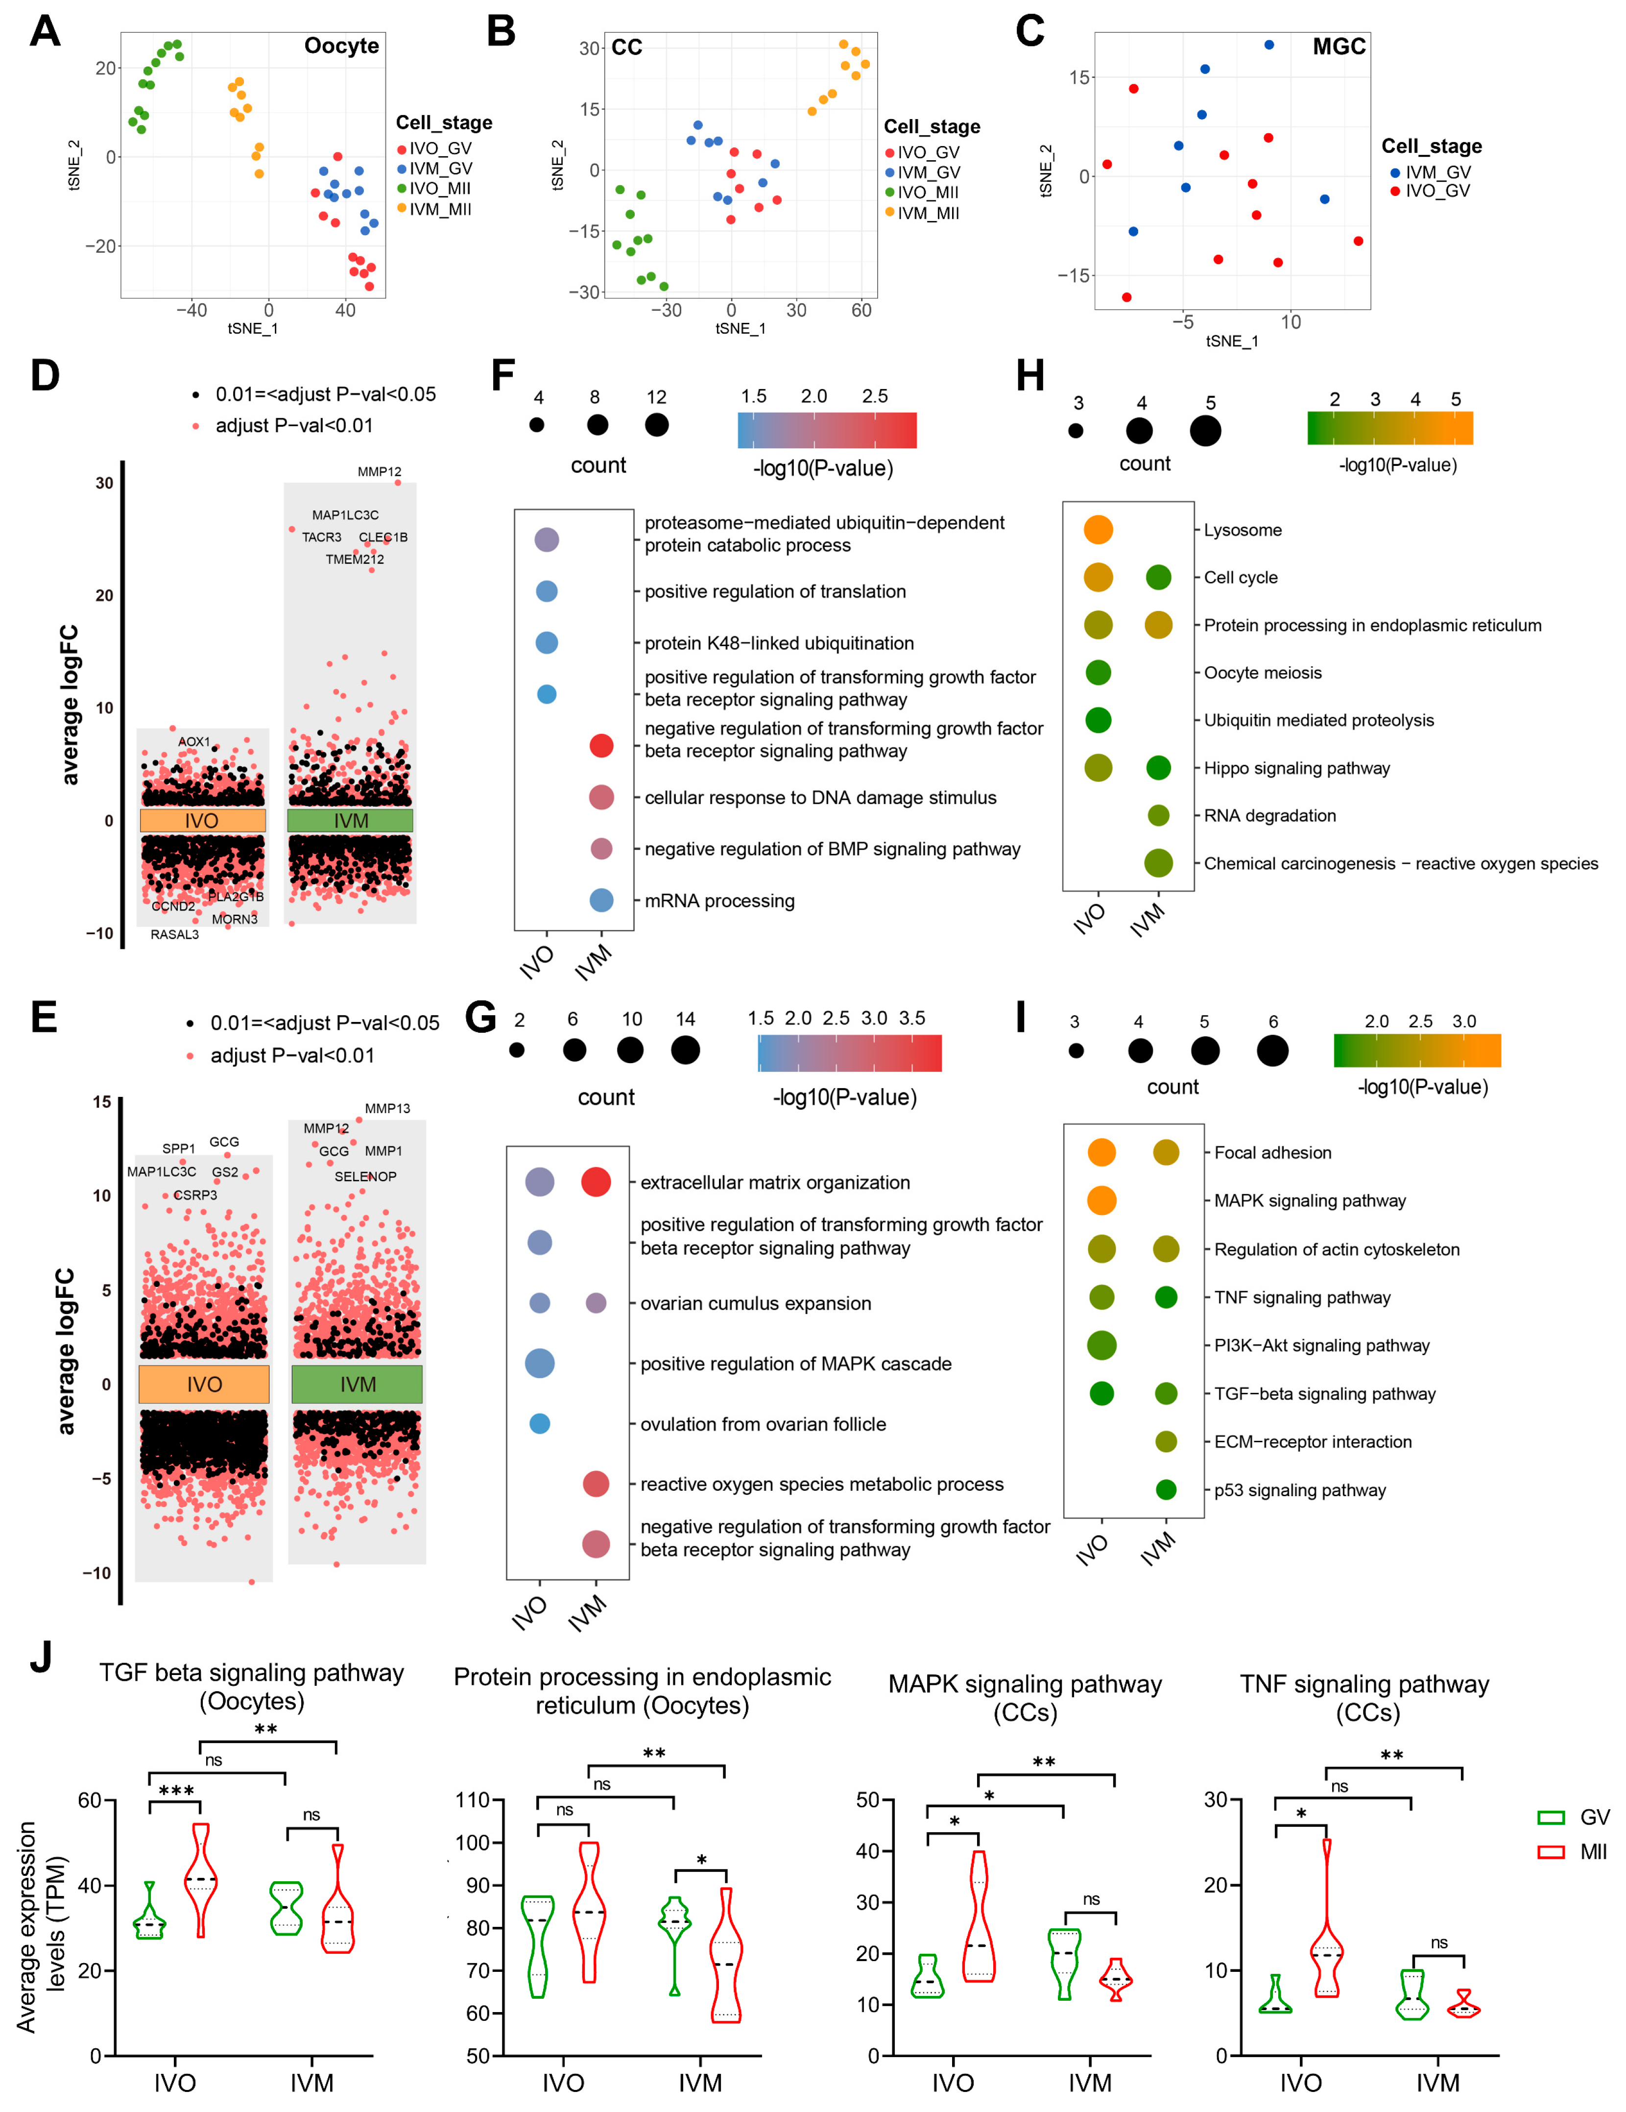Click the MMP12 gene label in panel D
click(379, 472)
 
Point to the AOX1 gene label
click(193, 742)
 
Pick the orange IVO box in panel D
click(202, 821)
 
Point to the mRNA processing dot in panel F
click(601, 900)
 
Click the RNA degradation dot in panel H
click(1158, 815)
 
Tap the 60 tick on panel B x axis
click(861, 311)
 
